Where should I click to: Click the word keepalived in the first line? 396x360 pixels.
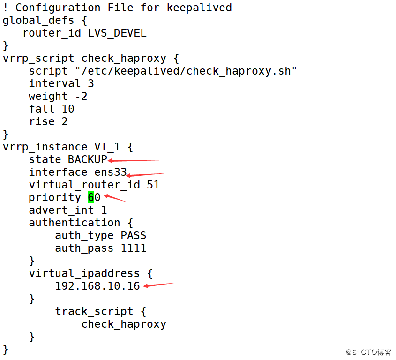(x=199, y=8)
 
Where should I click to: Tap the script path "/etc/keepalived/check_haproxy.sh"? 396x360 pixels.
(x=186, y=71)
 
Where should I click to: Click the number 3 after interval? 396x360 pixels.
(x=90, y=84)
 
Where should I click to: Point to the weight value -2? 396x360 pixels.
(x=81, y=97)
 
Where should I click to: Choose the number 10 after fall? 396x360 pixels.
(x=68, y=109)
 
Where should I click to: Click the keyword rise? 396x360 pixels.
(x=42, y=122)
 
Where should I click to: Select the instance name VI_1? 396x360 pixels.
(x=107, y=147)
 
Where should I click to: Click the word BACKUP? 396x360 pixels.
(x=88, y=160)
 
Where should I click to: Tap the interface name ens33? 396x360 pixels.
(x=111, y=172)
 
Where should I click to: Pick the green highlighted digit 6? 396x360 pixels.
(x=91, y=198)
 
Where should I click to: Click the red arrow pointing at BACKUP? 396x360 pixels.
(x=134, y=161)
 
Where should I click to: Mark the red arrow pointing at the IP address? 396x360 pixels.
(x=159, y=285)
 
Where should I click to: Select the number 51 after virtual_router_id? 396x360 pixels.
(x=153, y=185)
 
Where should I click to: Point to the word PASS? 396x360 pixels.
(x=134, y=236)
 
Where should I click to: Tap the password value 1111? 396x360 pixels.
(x=134, y=248)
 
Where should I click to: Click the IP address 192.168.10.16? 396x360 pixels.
(x=97, y=286)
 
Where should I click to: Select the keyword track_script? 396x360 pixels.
(x=94, y=312)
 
